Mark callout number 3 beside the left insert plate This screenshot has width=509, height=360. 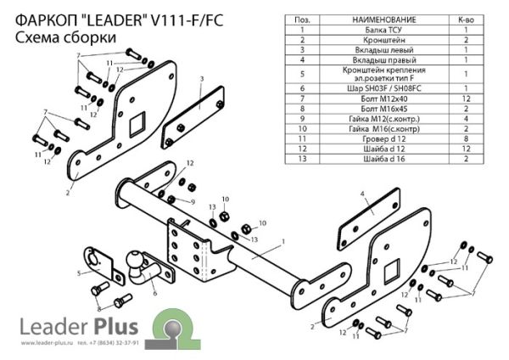pyautogui.click(x=202, y=79)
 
